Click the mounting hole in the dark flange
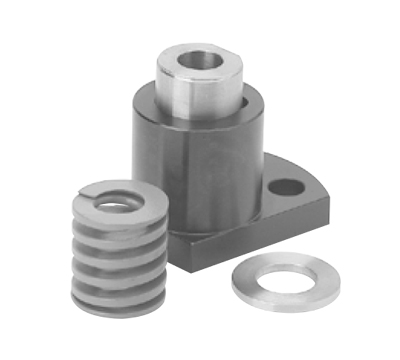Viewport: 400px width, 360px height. coord(286,186)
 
